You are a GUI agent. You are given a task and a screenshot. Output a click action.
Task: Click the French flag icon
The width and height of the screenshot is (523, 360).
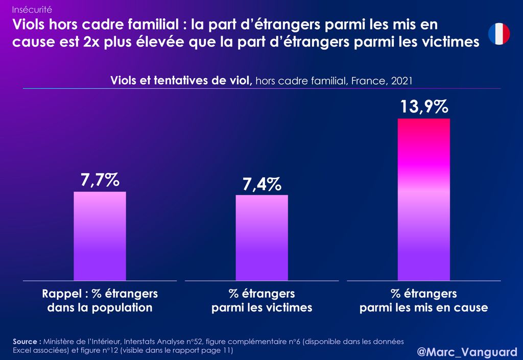tap(499, 34)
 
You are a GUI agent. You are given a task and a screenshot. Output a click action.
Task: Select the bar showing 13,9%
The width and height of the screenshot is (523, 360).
tap(423, 199)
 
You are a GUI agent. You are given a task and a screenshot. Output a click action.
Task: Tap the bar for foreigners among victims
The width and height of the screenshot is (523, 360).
tap(261, 237)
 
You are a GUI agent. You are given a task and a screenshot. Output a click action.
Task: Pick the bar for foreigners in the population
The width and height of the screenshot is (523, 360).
tap(100, 236)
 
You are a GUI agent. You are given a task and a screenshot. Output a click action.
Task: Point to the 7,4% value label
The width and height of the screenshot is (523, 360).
tap(261, 184)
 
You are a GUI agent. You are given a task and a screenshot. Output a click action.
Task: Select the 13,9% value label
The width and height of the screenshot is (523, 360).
tap(423, 107)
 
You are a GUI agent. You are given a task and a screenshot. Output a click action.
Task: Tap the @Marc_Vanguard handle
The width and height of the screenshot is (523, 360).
tap(467, 352)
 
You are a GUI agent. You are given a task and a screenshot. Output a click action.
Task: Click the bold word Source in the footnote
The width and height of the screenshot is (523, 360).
tap(26, 341)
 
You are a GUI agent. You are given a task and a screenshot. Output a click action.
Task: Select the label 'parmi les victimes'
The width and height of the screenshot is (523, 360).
tap(261, 308)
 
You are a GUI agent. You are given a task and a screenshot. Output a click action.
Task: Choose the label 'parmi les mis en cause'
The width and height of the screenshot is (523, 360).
tap(423, 308)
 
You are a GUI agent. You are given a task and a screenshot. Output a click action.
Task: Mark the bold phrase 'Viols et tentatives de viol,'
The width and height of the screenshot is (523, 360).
tap(181, 81)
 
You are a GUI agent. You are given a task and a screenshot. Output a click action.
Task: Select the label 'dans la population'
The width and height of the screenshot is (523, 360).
tap(100, 308)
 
